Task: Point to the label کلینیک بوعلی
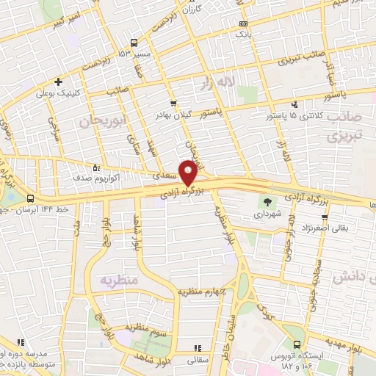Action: tap(57, 93)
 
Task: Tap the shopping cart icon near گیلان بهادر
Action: tap(173, 104)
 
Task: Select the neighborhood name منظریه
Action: tap(120, 280)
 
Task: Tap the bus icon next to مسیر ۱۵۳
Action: tap(133, 42)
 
